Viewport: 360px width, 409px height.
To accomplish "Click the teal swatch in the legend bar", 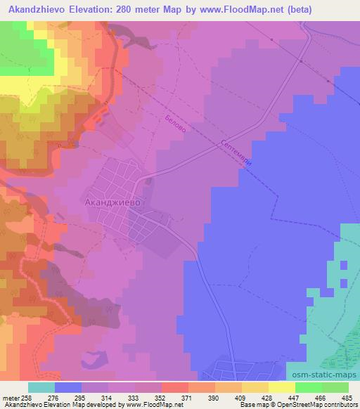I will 41,387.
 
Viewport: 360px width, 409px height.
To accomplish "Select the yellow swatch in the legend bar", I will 282,387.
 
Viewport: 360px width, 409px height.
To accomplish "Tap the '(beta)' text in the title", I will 296,10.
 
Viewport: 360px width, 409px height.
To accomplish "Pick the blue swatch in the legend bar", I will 68,387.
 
